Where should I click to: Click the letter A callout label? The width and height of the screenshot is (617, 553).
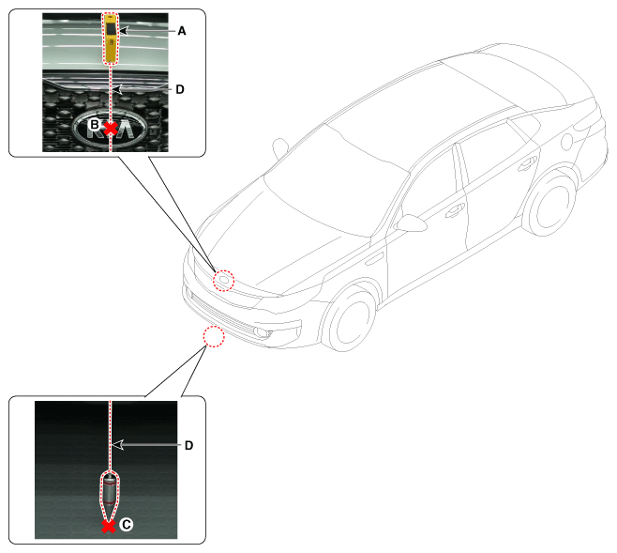181,31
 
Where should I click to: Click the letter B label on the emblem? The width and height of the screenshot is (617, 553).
95,125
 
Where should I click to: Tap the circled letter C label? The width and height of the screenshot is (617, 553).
127,525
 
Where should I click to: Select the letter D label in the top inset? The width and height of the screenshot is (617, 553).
180,89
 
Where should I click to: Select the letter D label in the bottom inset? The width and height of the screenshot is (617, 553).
188,445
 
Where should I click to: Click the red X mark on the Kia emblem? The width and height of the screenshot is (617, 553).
111,128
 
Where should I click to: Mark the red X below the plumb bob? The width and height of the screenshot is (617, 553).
109,526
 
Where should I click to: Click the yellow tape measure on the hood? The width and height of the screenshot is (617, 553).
111,38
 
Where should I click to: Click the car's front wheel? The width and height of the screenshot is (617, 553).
349,318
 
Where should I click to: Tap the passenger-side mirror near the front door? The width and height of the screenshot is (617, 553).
412,223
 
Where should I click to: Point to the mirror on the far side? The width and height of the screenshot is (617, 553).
280,147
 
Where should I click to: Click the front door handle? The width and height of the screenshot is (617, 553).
455,211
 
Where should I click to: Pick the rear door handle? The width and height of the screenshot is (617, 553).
527,164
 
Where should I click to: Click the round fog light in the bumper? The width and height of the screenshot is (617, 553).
261,332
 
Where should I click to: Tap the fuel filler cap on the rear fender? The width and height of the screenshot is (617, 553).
566,142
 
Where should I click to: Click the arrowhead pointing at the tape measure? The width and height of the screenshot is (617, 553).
124,30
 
